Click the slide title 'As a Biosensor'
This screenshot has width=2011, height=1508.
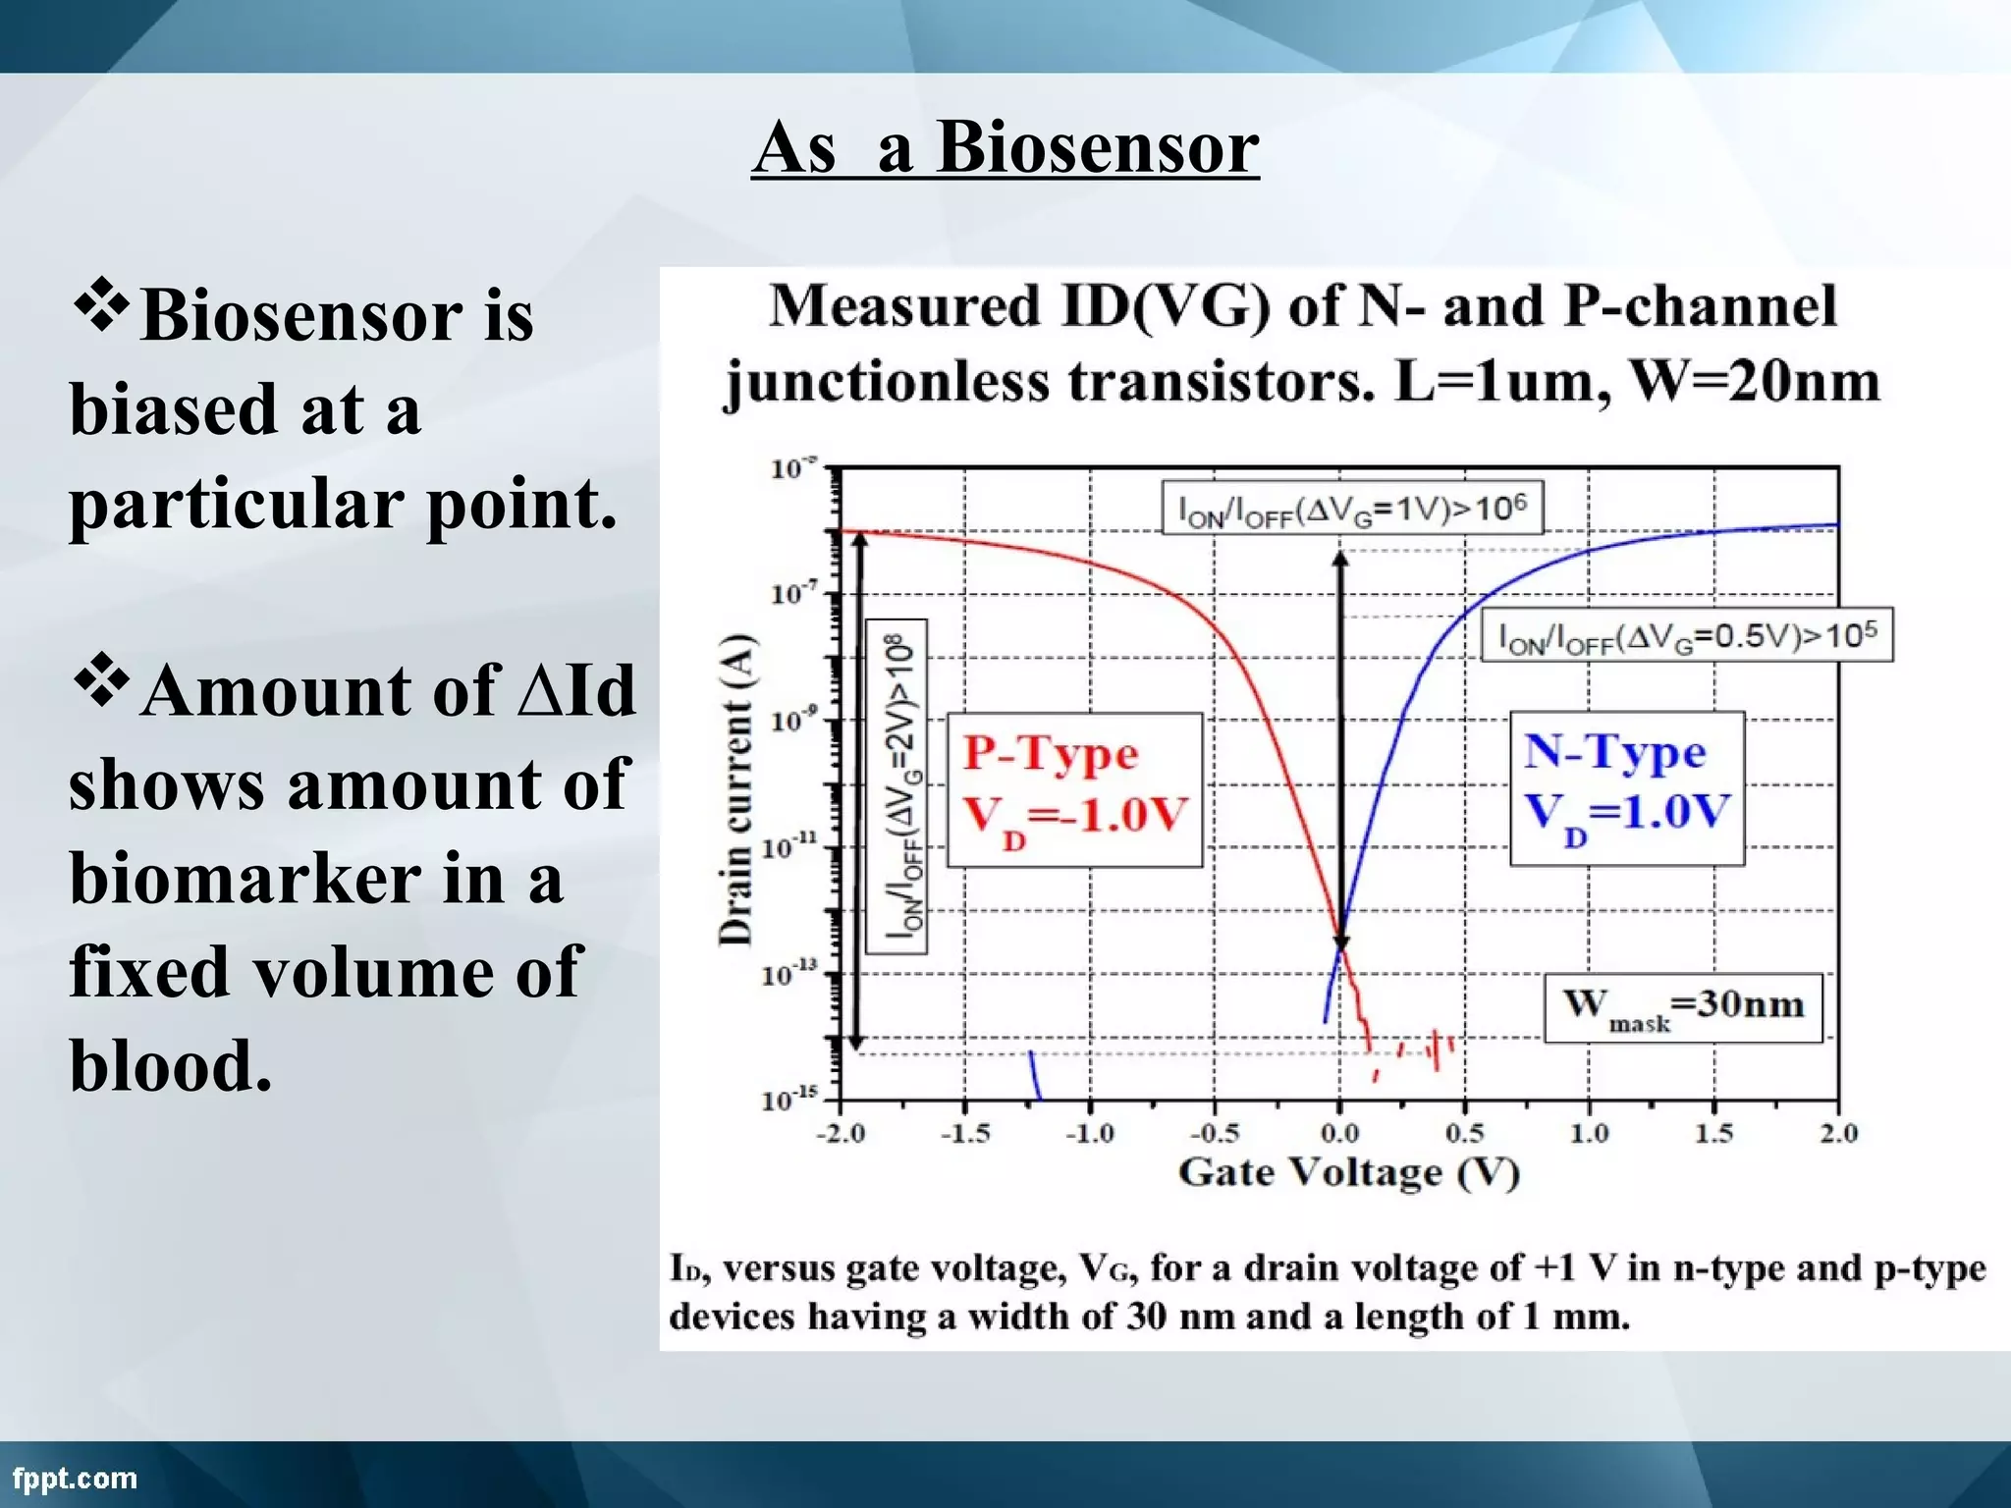[x=1005, y=147]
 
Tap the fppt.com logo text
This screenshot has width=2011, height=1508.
[x=75, y=1478]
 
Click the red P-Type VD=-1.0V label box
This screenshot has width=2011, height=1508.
[x=1074, y=789]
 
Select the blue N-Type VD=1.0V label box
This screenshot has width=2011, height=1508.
[x=1626, y=787]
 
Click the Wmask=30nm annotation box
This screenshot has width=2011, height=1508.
[x=1683, y=1007]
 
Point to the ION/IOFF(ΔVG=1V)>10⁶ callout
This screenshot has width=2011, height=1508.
[x=1352, y=509]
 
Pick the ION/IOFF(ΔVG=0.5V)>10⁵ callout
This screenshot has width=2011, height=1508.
[x=1686, y=636]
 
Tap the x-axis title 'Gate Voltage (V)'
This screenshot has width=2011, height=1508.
[x=1348, y=1172]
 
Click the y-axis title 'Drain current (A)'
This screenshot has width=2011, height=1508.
[x=736, y=789]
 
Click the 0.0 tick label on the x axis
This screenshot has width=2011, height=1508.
[x=1339, y=1134]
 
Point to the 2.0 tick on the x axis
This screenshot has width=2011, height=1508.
[x=1838, y=1134]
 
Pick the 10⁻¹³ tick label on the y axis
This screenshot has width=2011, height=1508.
[x=790, y=974]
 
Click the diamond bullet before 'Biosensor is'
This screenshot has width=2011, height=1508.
[x=101, y=306]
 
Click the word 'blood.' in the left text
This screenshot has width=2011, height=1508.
[x=170, y=1066]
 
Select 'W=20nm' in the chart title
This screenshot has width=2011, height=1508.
[x=1754, y=382]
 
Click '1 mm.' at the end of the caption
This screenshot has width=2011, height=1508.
[x=1576, y=1317]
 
